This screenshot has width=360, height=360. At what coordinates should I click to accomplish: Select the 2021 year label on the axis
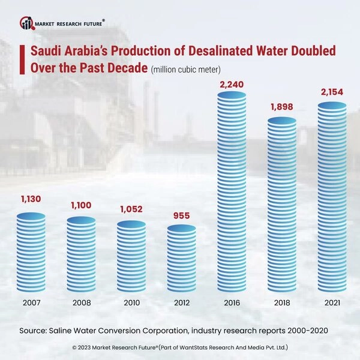pyautogui.click(x=332, y=303)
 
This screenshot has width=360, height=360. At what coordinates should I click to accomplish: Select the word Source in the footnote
pyautogui.click(x=35, y=330)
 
